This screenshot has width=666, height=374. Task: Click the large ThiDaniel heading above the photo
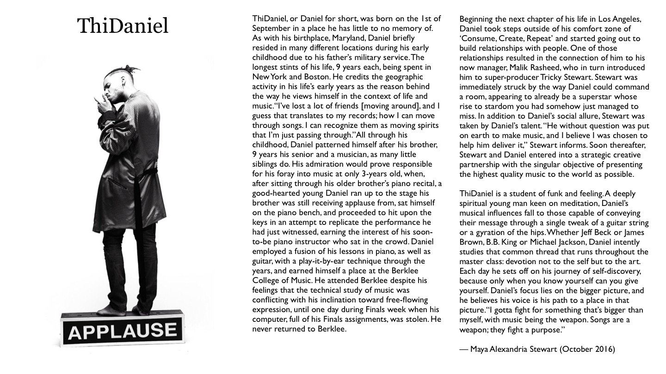click(x=123, y=26)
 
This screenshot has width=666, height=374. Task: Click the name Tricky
click(x=573, y=77)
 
